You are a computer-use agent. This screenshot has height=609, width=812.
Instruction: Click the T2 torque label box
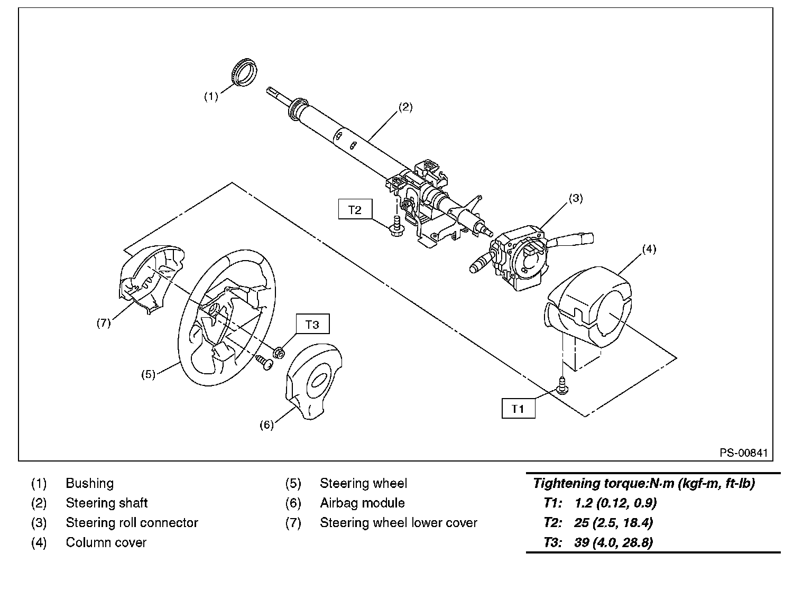(355, 209)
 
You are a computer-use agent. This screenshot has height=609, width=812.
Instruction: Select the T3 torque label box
(312, 324)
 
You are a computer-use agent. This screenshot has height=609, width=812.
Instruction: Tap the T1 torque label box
(518, 408)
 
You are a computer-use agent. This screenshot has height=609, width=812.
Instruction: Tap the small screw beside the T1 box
(562, 385)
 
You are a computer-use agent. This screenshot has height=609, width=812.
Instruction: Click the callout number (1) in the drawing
(211, 96)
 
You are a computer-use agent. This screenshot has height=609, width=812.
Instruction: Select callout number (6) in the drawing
(266, 425)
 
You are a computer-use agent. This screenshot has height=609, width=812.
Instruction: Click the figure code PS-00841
(743, 453)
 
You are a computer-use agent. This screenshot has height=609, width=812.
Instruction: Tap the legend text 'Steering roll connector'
(132, 523)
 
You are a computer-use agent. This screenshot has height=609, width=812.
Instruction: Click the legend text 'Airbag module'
(362, 503)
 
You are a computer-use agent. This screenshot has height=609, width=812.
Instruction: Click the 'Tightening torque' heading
(643, 483)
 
